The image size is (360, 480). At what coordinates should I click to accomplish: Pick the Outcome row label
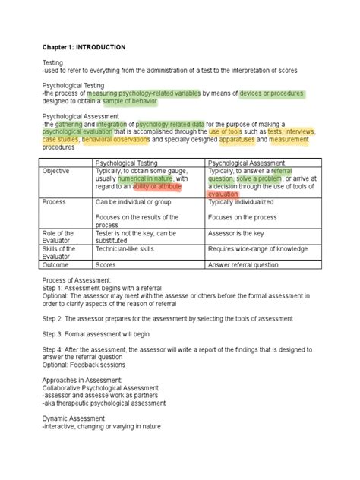pos(55,265)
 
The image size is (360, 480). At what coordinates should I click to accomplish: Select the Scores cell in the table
pos(105,265)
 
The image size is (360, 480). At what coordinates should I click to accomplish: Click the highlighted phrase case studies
pos(60,140)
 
